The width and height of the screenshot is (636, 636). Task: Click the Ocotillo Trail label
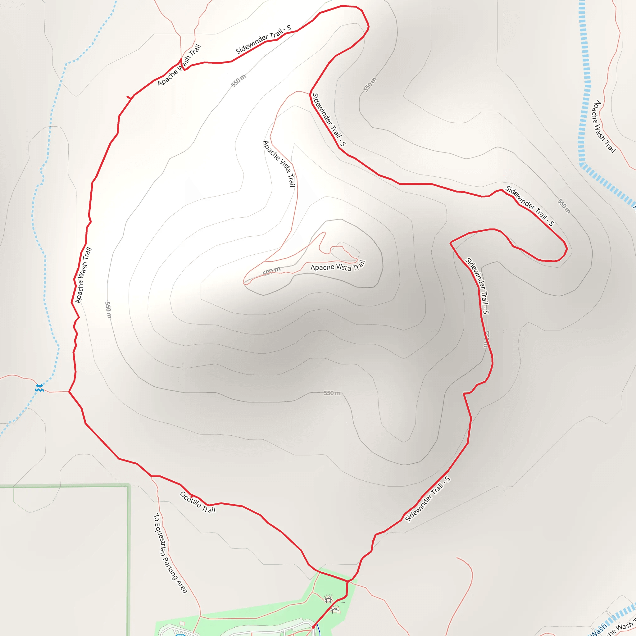(x=198, y=502)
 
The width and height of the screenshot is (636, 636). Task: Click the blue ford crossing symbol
(x=39, y=388)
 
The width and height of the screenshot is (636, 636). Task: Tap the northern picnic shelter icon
(x=328, y=599)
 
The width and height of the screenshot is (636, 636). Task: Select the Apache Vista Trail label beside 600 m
(x=338, y=266)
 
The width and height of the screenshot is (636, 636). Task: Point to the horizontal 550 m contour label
(x=332, y=393)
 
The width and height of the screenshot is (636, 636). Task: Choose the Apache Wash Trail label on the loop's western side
(x=83, y=275)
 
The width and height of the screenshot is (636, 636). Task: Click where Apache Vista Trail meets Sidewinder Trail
(x=310, y=94)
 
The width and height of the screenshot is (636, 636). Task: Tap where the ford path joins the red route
(x=69, y=391)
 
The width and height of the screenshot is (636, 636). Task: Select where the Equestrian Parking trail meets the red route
(x=152, y=476)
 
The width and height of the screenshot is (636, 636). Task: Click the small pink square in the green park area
(x=182, y=624)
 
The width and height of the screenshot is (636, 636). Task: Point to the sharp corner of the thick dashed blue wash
(x=582, y=164)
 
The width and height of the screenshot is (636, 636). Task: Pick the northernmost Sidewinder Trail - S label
(x=263, y=39)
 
